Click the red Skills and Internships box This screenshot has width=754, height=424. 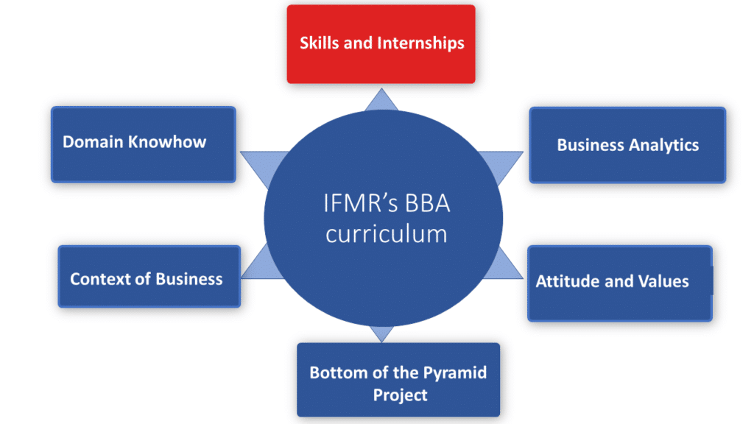(381, 43)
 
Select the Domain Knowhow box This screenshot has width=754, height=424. (144, 144)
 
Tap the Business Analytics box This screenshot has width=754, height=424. (627, 145)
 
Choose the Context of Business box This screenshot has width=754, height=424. (149, 276)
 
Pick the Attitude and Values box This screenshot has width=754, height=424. (619, 283)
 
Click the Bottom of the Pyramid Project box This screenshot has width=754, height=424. (398, 380)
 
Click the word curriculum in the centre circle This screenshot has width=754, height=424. (387, 233)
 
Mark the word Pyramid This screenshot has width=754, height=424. (455, 372)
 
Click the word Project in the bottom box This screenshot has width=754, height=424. (400, 395)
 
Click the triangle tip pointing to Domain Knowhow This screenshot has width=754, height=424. (244, 153)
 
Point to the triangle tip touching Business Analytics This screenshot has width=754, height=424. (520, 153)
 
